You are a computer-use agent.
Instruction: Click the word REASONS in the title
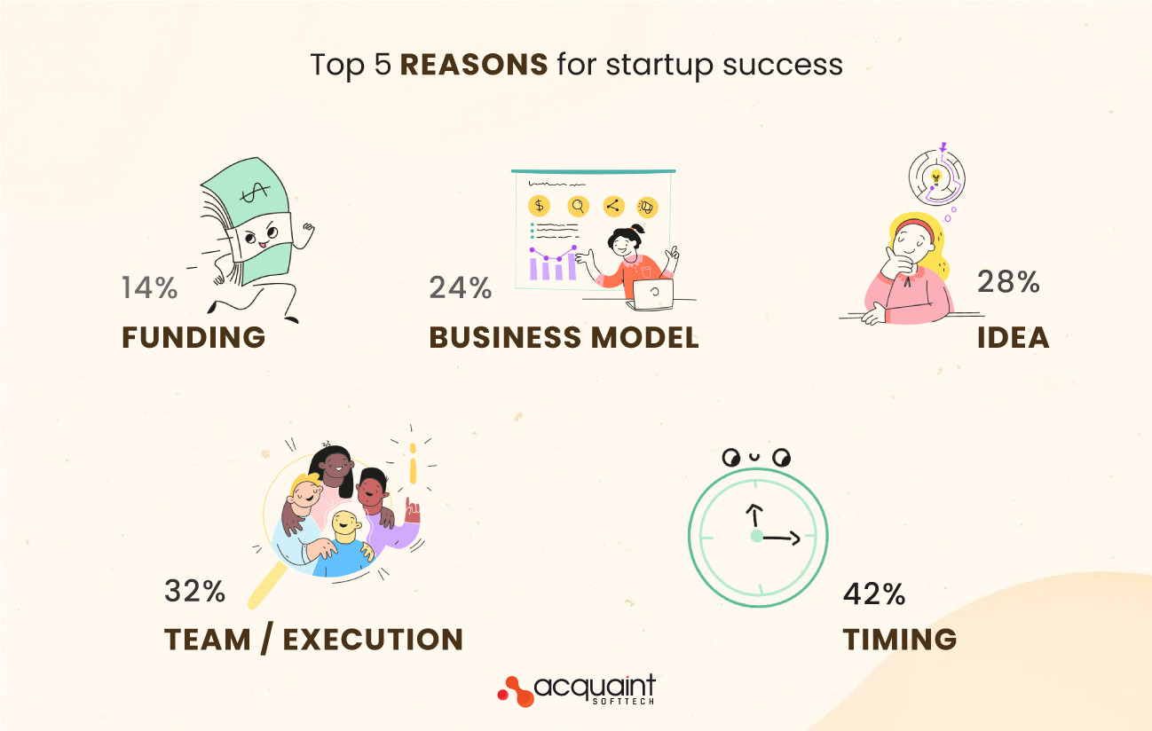pyautogui.click(x=473, y=65)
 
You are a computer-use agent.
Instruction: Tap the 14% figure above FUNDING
pyautogui.click(x=149, y=287)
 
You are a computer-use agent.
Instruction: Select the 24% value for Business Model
pyautogui.click(x=460, y=287)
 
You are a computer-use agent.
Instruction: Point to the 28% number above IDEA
pyautogui.click(x=1007, y=282)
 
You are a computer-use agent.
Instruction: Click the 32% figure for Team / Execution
pyautogui.click(x=194, y=592)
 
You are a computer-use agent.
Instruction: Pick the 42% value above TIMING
pyautogui.click(x=873, y=594)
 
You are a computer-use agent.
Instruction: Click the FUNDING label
pyautogui.click(x=193, y=337)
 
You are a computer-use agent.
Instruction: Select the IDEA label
pyautogui.click(x=1013, y=337)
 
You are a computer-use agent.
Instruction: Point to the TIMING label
pyautogui.click(x=899, y=640)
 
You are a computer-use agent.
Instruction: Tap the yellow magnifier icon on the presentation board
pyautogui.click(x=578, y=207)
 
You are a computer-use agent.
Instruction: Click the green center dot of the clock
pyautogui.click(x=756, y=536)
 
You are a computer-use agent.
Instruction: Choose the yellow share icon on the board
pyautogui.click(x=612, y=207)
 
